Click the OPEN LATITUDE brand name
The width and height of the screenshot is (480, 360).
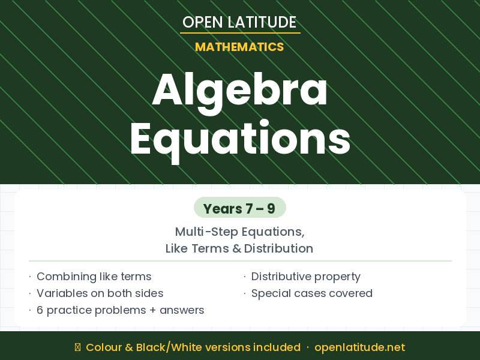239,22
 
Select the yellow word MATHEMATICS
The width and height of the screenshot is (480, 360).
239,47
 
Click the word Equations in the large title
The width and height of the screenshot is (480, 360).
240,139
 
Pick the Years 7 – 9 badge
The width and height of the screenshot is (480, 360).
239,208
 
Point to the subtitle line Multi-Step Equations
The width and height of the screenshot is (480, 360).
240,232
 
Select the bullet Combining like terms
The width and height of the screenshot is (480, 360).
94,277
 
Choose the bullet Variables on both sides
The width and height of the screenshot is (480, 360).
100,293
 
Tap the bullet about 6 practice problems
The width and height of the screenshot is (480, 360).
120,310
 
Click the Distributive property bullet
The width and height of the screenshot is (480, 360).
305,277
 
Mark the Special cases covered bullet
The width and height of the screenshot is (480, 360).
311,293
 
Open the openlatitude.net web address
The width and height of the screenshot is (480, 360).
359,347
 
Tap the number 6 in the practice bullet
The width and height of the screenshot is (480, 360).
40,310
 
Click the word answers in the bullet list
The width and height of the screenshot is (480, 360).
182,310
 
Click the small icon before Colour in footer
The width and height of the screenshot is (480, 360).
77,347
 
